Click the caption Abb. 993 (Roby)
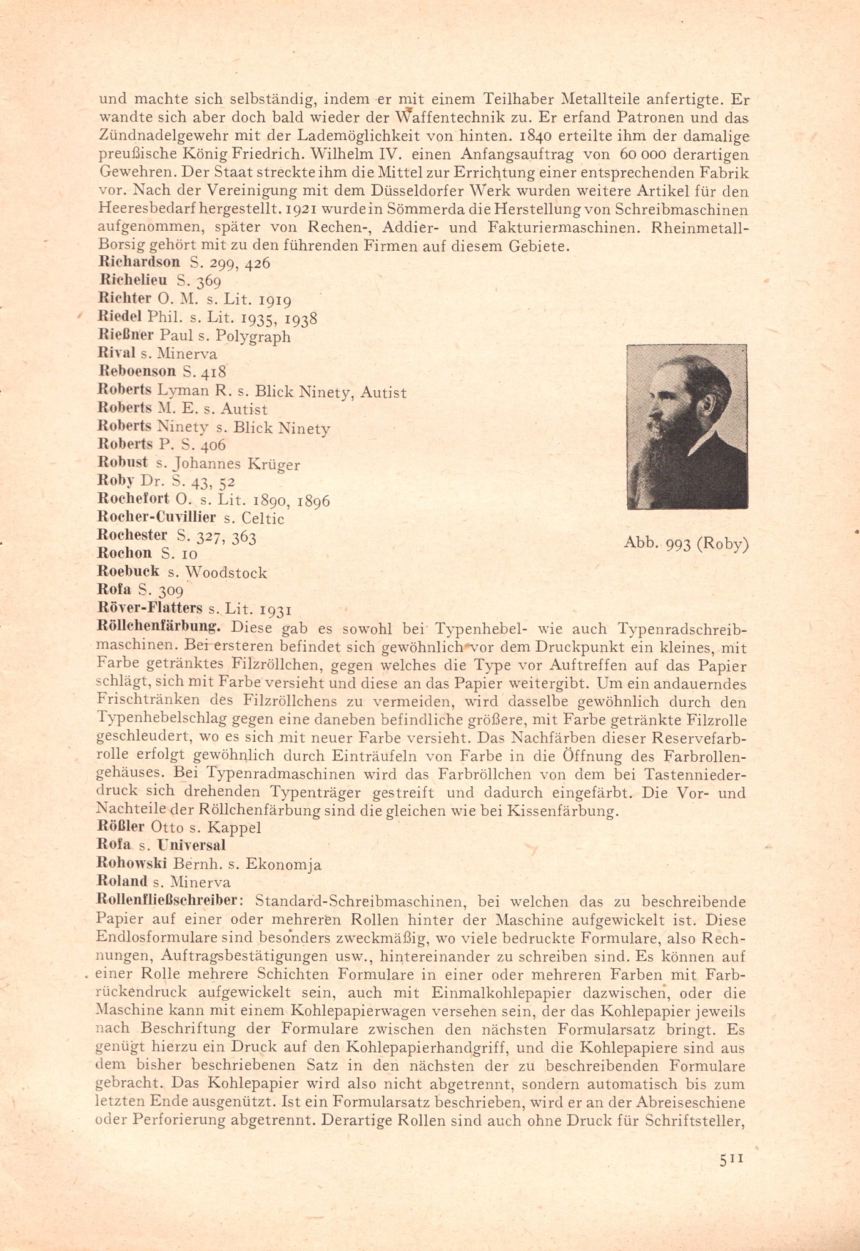point(686,544)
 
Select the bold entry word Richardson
point(139,262)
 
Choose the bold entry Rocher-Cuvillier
point(157,518)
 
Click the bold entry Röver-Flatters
point(150,607)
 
